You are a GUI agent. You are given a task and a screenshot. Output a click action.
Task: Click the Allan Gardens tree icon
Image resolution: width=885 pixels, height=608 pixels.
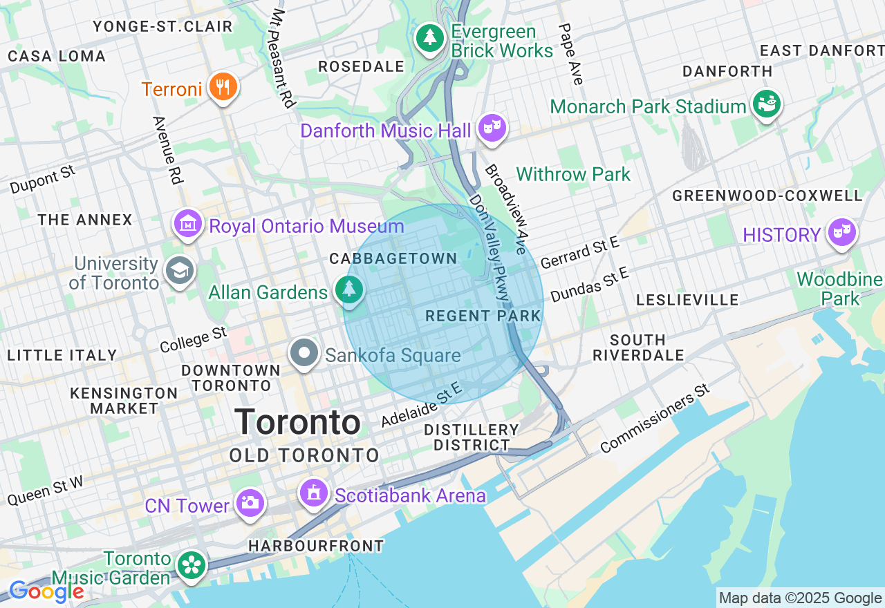(350, 289)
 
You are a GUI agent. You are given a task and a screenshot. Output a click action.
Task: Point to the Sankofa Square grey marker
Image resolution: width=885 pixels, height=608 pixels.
(304, 353)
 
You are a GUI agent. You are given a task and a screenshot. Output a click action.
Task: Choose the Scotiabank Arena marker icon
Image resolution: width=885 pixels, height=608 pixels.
(314, 493)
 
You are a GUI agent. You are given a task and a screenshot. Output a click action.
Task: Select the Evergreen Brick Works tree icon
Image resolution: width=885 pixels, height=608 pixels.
(430, 37)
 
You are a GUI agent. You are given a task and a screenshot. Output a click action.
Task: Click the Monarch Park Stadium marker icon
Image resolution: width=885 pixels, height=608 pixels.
(767, 104)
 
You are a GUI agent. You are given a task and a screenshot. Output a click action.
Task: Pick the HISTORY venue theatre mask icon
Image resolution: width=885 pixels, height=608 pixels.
(841, 233)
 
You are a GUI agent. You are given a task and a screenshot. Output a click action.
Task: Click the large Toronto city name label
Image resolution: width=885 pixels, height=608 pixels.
(297, 421)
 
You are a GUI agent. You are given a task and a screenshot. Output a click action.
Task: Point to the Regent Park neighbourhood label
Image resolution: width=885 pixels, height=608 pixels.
(483, 316)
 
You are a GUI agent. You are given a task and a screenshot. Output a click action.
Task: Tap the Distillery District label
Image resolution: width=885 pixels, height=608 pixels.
(472, 437)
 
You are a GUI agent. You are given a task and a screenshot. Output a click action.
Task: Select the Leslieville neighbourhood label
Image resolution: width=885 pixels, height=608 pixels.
(687, 300)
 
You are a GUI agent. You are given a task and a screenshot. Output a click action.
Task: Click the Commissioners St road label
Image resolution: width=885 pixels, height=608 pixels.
(655, 419)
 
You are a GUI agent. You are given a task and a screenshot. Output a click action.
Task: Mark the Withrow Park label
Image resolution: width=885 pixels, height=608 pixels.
(573, 174)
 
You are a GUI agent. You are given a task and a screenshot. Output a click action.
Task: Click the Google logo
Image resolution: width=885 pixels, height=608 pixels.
(46, 591)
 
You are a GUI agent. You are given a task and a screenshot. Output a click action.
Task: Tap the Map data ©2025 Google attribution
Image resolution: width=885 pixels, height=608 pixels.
(800, 598)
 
